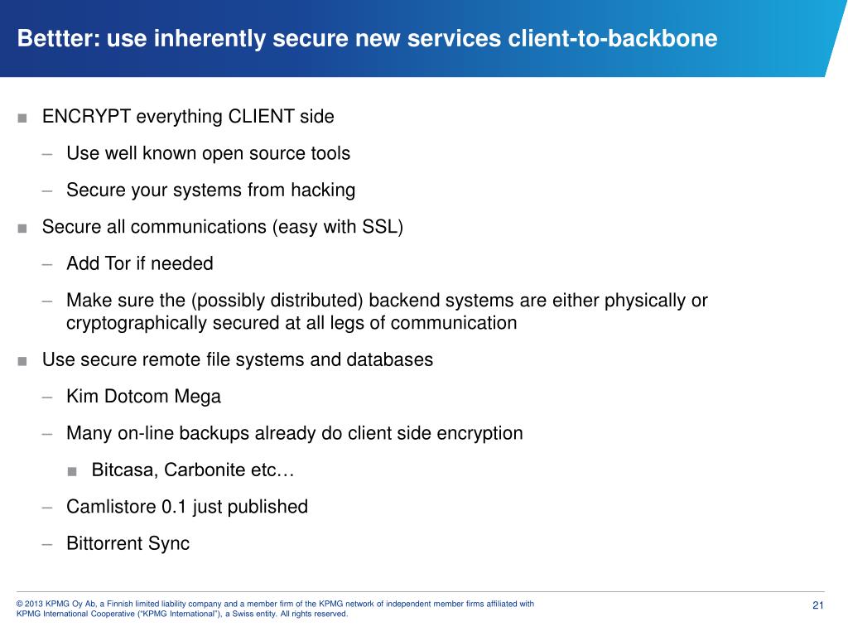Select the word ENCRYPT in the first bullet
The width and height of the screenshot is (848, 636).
tap(86, 117)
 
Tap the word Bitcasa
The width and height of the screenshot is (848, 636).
tap(124, 470)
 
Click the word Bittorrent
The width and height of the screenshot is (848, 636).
tap(104, 543)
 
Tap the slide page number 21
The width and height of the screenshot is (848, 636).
tap(818, 605)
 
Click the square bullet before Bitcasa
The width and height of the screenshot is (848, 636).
tap(73, 471)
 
